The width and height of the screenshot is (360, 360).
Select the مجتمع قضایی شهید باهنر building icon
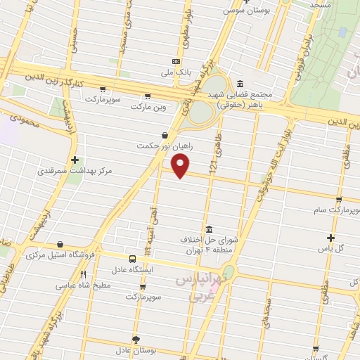click(240, 82)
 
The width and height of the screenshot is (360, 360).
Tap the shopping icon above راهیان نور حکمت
click(165, 135)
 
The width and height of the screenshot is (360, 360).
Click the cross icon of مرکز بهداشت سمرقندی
click(75, 160)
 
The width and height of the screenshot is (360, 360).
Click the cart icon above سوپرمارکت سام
click(339, 200)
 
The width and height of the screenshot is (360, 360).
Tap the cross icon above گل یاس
click(331, 238)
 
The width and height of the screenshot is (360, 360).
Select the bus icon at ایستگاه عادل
click(133, 259)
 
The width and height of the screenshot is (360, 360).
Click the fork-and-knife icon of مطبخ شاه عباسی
click(83, 274)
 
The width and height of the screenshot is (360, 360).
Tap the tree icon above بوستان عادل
click(136, 338)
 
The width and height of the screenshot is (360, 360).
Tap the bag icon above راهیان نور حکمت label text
click(165, 135)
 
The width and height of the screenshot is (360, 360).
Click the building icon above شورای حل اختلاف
click(209, 229)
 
